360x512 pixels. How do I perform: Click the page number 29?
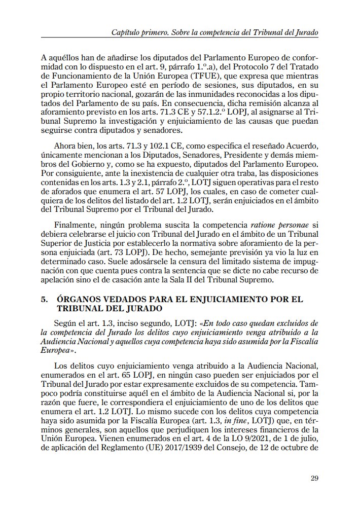314,479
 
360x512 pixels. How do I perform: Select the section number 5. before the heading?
45,300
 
